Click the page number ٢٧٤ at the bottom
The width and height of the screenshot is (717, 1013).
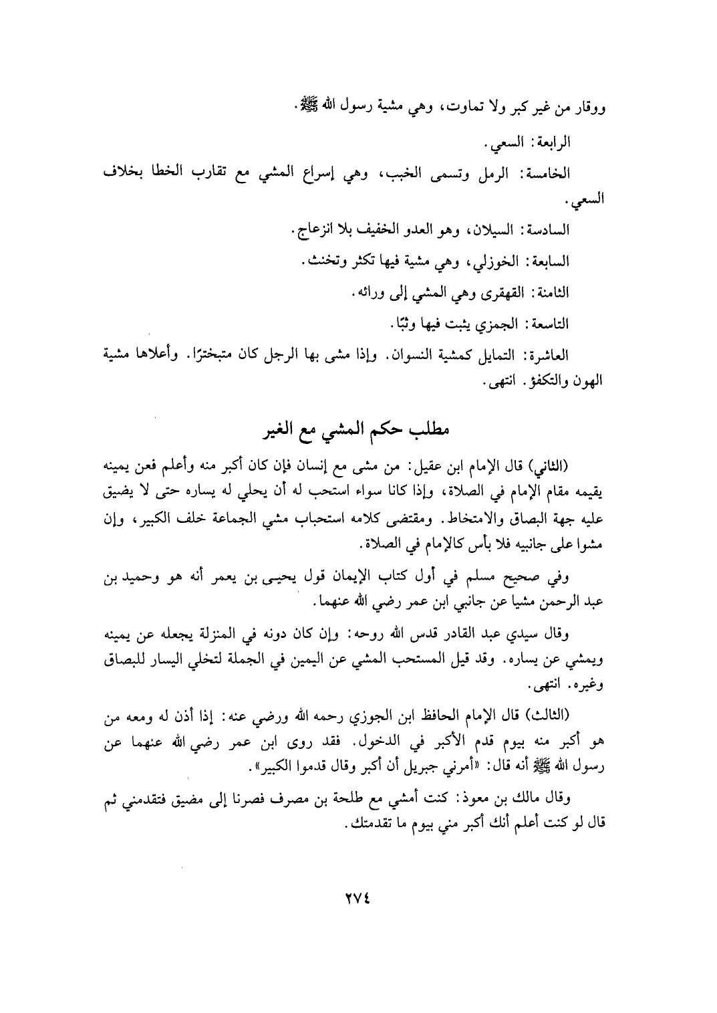pyautogui.click(x=359, y=900)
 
